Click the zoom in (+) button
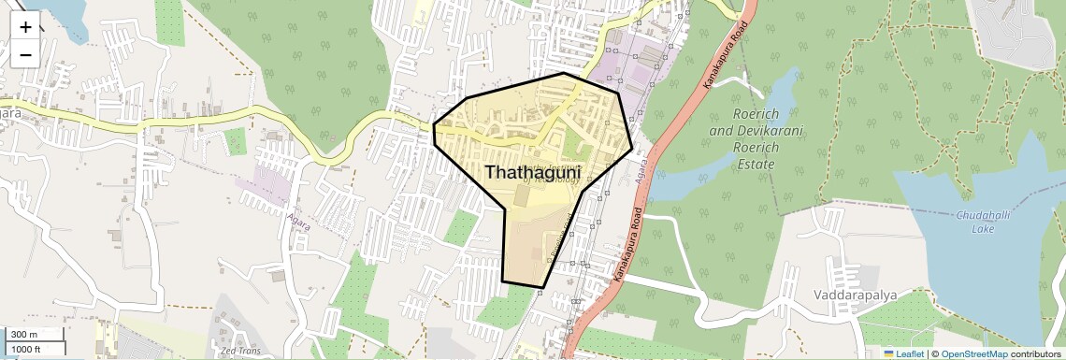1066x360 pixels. pos(25,27)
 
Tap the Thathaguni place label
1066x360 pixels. pos(533,174)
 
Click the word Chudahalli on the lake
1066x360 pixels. pos(981,215)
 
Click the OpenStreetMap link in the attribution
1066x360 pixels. pos(974,353)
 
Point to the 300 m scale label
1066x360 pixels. pos(24,335)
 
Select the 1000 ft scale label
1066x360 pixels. pos(26,349)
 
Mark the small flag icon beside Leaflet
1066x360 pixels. pos(888,353)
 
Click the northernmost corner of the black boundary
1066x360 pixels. pos(564,73)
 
